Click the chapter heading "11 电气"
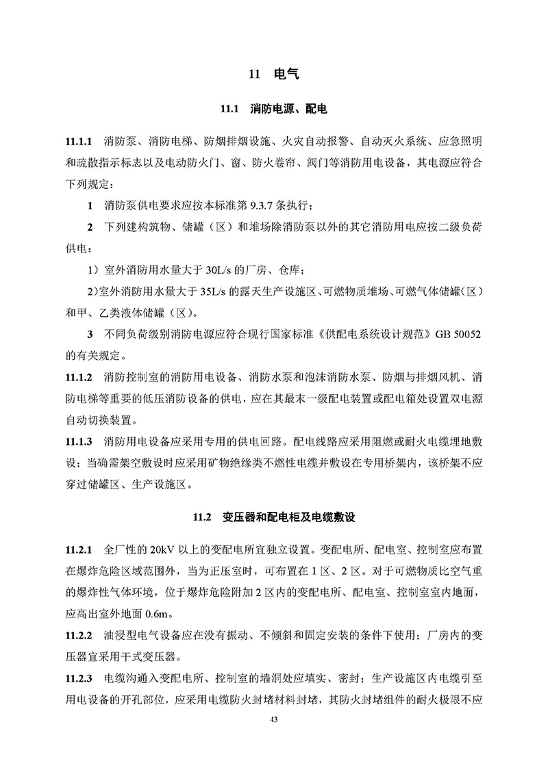pyautogui.click(x=273, y=73)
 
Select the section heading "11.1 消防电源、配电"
pyautogui.click(x=273, y=109)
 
